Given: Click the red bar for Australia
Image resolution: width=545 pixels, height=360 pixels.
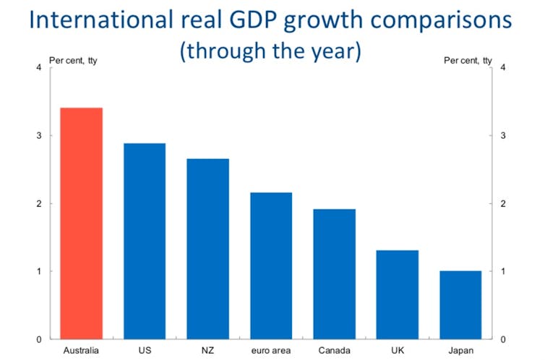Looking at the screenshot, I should pyautogui.click(x=81, y=223).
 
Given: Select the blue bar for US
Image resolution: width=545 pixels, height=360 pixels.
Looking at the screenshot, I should pyautogui.click(x=145, y=241).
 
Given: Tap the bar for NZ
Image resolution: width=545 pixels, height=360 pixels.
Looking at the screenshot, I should pyautogui.click(x=207, y=249).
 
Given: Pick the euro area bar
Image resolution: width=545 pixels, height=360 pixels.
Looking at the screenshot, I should pyautogui.click(x=270, y=266).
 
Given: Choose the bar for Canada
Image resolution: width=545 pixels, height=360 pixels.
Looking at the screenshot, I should pyautogui.click(x=334, y=274).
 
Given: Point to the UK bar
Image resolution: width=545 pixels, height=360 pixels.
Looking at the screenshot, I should pyautogui.click(x=397, y=295).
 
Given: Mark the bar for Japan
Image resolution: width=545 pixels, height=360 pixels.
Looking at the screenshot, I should pyautogui.click(x=460, y=305).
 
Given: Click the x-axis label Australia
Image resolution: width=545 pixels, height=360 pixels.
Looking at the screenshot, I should pyautogui.click(x=81, y=351).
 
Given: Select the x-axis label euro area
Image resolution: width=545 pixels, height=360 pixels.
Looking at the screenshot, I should pyautogui.click(x=270, y=351).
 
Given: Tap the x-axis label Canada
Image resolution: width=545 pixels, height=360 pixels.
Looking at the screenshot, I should pyautogui.click(x=334, y=351).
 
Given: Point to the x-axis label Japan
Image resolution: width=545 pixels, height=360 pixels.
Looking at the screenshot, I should pyautogui.click(x=460, y=351).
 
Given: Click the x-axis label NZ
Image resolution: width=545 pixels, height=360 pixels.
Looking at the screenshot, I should pyautogui.click(x=207, y=351).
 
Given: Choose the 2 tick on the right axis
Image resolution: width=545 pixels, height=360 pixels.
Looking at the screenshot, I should pyautogui.click(x=502, y=204).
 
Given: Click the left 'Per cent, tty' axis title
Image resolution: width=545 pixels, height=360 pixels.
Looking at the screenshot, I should pyautogui.click(x=73, y=60).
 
